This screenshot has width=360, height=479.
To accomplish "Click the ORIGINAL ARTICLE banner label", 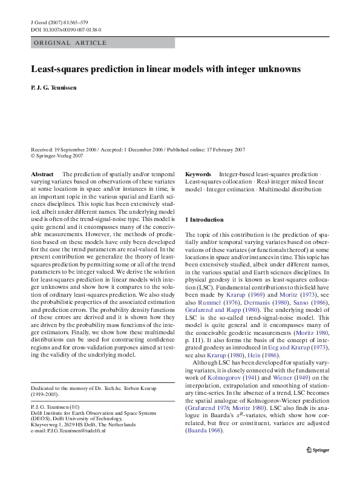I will (70, 43).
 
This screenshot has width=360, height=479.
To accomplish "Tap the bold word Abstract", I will (42, 174).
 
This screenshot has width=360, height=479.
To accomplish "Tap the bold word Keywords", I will (198, 174).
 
